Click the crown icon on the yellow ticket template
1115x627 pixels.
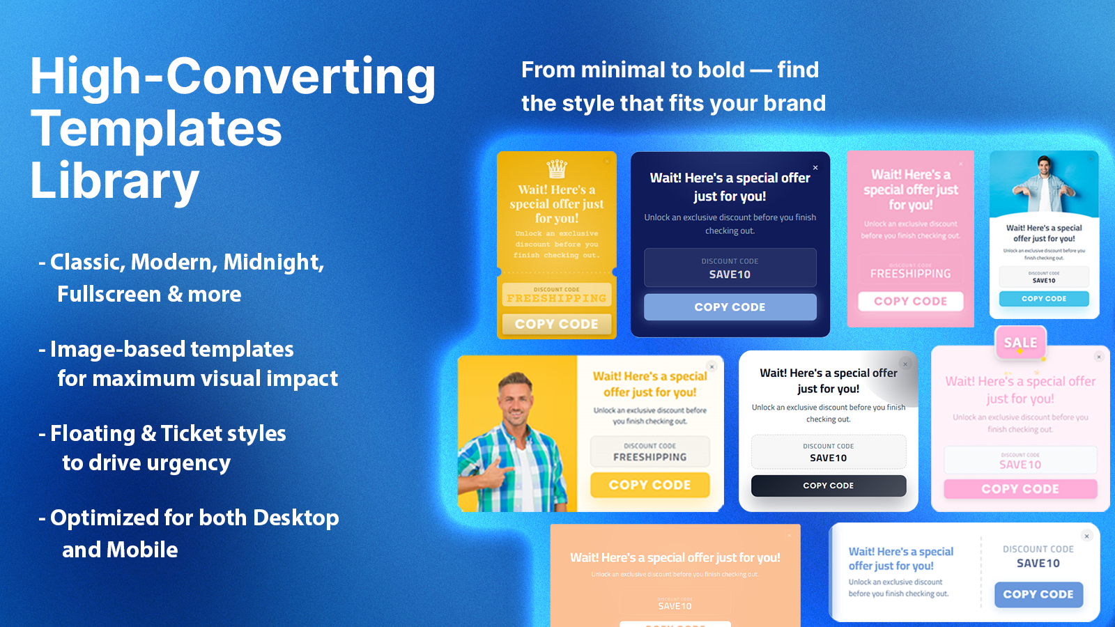click(x=557, y=169)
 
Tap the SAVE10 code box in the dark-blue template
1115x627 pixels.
click(x=730, y=268)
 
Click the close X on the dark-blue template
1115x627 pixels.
click(x=815, y=168)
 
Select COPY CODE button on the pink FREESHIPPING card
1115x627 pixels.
click(x=910, y=301)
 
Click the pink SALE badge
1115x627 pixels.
click(x=1020, y=342)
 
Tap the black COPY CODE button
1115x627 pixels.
click(x=828, y=486)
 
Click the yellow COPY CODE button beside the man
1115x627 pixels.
click(x=649, y=485)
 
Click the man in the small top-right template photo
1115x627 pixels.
click(x=1043, y=183)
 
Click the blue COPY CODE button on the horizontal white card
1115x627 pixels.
click(x=1038, y=594)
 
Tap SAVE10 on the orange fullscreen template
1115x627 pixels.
click(x=675, y=606)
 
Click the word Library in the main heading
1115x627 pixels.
click(x=115, y=181)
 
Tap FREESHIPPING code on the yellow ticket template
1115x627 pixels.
click(x=556, y=297)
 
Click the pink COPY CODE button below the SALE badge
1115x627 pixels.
click(x=1020, y=489)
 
